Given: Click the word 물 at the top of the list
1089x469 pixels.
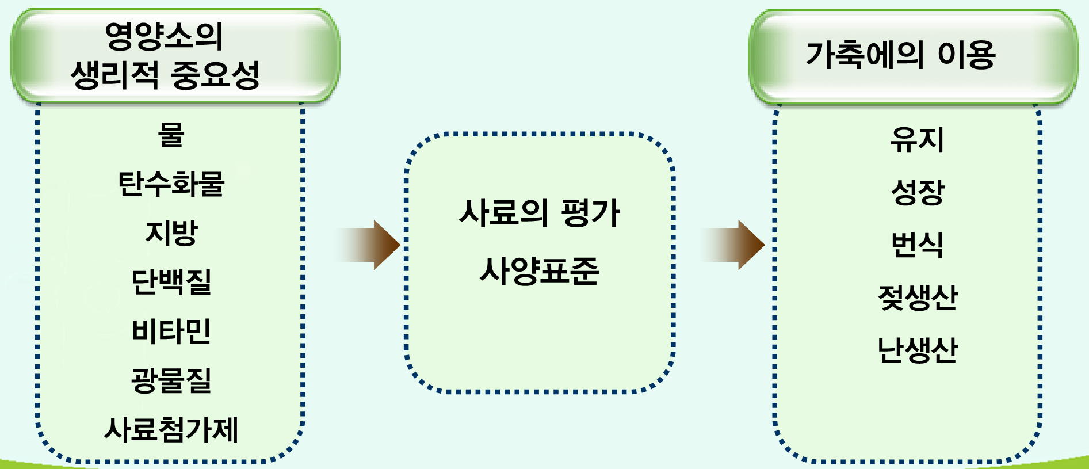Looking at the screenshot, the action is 171,135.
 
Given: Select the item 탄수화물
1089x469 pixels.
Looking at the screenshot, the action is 171,184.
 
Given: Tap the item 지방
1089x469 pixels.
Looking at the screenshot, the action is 171,233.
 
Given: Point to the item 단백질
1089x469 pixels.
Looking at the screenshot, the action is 171,282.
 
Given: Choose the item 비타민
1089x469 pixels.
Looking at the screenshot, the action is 171,331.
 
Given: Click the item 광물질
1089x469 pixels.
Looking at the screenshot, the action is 171,380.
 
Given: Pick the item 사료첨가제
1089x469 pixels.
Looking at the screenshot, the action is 171,430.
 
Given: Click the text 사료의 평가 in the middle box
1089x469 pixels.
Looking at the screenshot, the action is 539,213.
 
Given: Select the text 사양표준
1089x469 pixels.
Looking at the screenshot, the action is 539,271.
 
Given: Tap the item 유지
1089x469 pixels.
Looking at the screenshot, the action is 917,140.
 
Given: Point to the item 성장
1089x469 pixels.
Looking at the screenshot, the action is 917,192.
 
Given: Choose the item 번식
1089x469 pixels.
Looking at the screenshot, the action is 917,245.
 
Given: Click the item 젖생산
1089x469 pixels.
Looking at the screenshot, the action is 917,298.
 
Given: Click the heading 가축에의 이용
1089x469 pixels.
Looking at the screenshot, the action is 900,55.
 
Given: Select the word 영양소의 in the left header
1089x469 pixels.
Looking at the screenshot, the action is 164,36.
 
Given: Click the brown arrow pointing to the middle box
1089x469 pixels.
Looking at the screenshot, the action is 371,245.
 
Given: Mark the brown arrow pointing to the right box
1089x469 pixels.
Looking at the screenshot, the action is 735,245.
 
